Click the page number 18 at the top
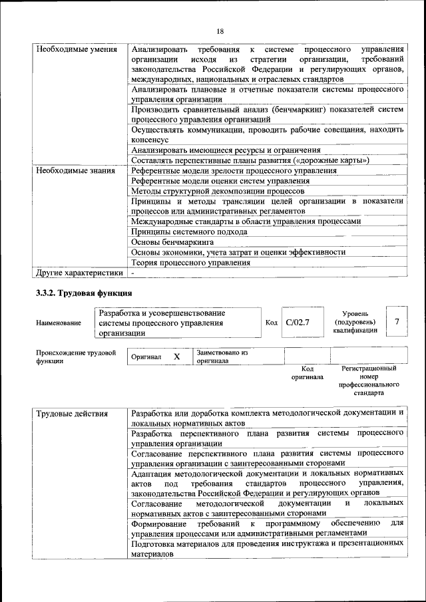220,31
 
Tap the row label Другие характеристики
79,272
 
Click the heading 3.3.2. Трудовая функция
84,293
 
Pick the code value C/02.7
298,322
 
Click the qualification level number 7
397,322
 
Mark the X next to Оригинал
177,357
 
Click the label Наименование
59,323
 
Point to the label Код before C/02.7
271,323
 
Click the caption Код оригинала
307,373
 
